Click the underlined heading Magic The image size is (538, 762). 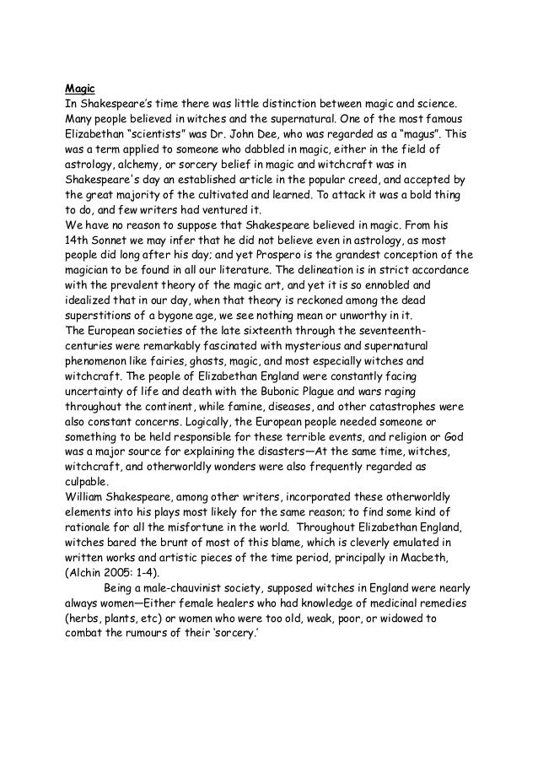tap(79, 87)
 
